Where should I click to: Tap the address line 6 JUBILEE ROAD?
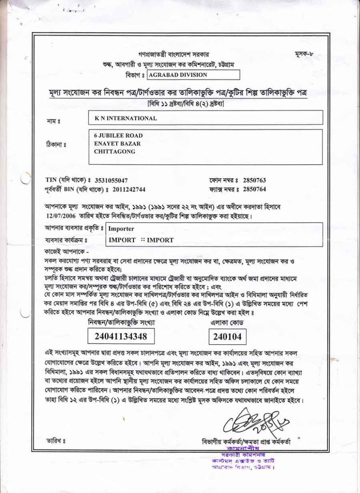pyautogui.click(x=118, y=136)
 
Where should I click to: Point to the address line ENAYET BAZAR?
pyautogui.click(x=117, y=144)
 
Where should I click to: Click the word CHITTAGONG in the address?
pyautogui.click(x=115, y=152)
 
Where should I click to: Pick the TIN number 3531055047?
pyautogui.click(x=111, y=180)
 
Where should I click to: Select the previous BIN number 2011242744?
pyautogui.click(x=129, y=189)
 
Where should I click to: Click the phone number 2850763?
pyautogui.click(x=254, y=180)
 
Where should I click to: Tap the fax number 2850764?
pyautogui.click(x=254, y=189)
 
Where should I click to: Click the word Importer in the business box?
pyautogui.click(x=121, y=229)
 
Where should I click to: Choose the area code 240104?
pyautogui.click(x=227, y=337)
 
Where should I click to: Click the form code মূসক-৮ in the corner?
pyautogui.click(x=304, y=55)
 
